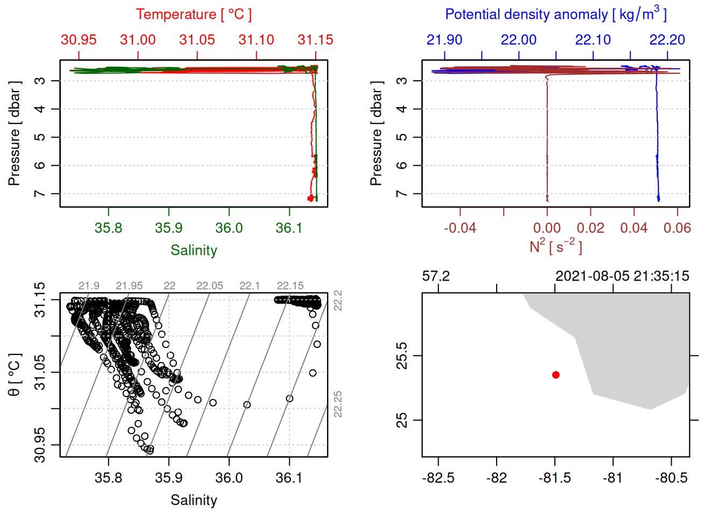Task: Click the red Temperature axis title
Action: pos(193,15)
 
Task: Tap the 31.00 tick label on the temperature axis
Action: pos(138,40)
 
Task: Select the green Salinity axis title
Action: pos(193,250)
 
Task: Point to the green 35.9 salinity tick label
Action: pos(169,228)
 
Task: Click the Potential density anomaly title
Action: pos(555,15)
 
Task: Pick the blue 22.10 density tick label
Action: pos(593,40)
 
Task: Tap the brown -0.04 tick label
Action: pos(460,228)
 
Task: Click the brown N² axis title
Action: pos(555,246)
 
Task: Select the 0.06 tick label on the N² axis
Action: pos(677,228)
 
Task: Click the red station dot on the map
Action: pos(556,375)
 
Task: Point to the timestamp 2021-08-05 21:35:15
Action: pos(622,276)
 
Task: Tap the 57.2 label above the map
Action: pos(436,276)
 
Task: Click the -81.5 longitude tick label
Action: pos(555,478)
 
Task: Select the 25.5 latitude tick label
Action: pos(402,355)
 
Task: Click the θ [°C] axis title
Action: pos(15,375)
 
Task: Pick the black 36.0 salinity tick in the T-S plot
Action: pos(229,478)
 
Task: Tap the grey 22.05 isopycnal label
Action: pos(210,286)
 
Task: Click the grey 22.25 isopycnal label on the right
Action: pos(338,404)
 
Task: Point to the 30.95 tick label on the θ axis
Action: pos(40,445)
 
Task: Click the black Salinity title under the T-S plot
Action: pos(193,500)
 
